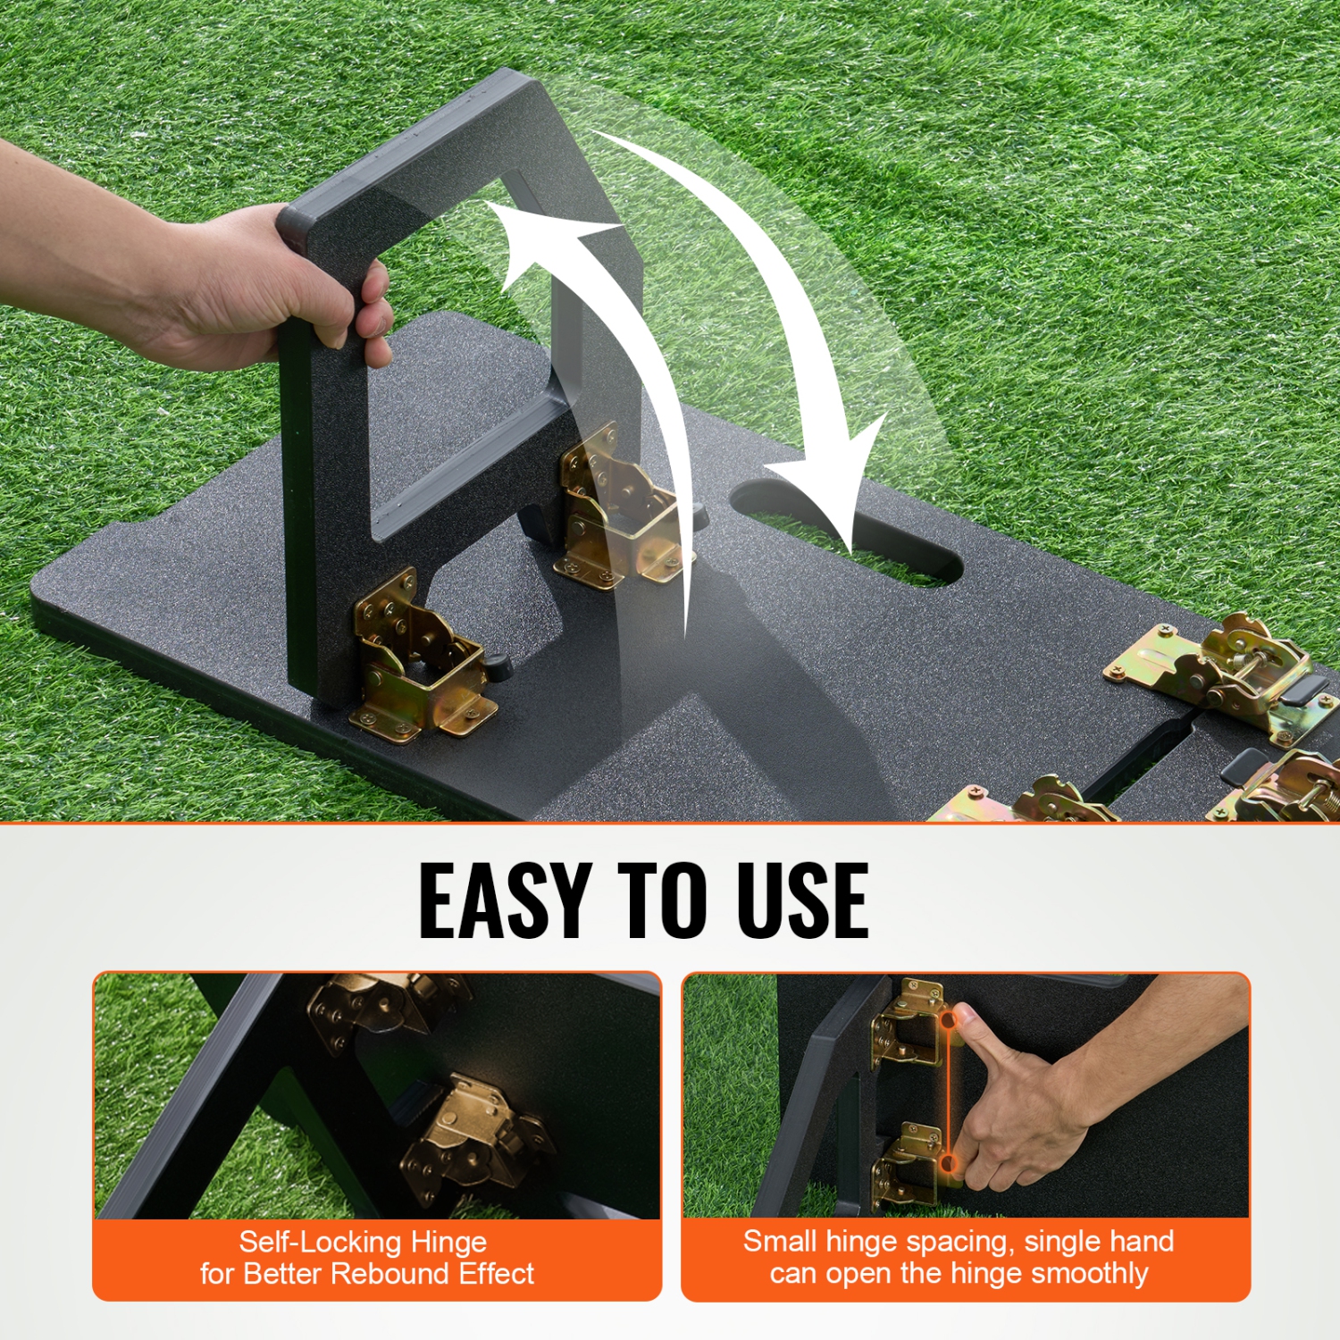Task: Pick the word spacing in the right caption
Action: [950, 1242]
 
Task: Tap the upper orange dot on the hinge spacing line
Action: [949, 1018]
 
